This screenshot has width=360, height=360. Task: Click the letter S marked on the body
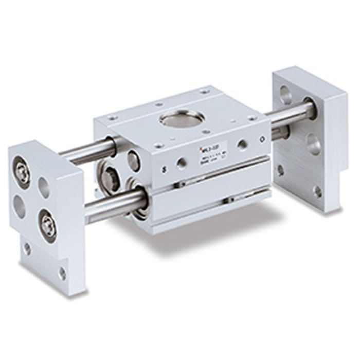[x=164, y=169]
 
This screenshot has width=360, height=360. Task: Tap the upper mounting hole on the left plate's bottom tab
[x=26, y=249]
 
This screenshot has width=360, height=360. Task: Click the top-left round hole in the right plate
[x=284, y=95]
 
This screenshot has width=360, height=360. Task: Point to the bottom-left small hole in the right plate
[x=280, y=170]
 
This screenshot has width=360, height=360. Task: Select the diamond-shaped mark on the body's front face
[x=263, y=139]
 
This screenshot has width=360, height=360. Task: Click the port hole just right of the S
[x=181, y=164]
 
